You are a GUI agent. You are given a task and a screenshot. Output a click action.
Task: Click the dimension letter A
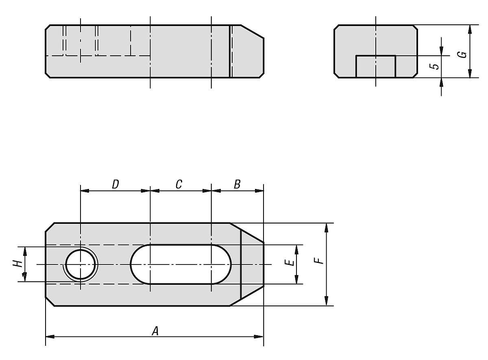[x=155, y=331]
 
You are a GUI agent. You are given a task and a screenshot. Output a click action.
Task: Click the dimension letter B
[x=237, y=184]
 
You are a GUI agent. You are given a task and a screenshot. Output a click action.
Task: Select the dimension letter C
[x=179, y=184]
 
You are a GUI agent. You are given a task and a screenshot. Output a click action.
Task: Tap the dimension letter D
[x=115, y=184]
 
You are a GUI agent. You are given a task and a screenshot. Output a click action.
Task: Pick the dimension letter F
[x=321, y=259]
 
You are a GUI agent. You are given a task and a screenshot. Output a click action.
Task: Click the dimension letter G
[x=462, y=54]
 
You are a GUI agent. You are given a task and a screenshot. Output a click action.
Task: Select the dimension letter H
[x=17, y=264]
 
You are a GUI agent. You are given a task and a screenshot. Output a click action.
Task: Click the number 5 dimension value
[x=435, y=66]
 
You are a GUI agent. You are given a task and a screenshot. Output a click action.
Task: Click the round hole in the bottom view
[x=81, y=265]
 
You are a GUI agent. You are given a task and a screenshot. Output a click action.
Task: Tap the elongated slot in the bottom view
[x=181, y=265]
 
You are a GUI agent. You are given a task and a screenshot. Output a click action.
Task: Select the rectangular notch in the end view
[x=376, y=66]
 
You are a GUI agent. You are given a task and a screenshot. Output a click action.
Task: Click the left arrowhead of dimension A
[x=50, y=336]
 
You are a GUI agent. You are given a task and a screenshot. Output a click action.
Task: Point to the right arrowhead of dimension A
[x=259, y=336]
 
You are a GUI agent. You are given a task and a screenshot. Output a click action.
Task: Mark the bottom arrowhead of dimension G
[x=470, y=73]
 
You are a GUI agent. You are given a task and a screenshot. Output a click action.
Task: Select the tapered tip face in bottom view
[x=252, y=265]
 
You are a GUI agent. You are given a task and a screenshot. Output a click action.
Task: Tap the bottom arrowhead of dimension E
[x=296, y=280]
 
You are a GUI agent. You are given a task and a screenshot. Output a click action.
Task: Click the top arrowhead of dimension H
[x=24, y=251]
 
